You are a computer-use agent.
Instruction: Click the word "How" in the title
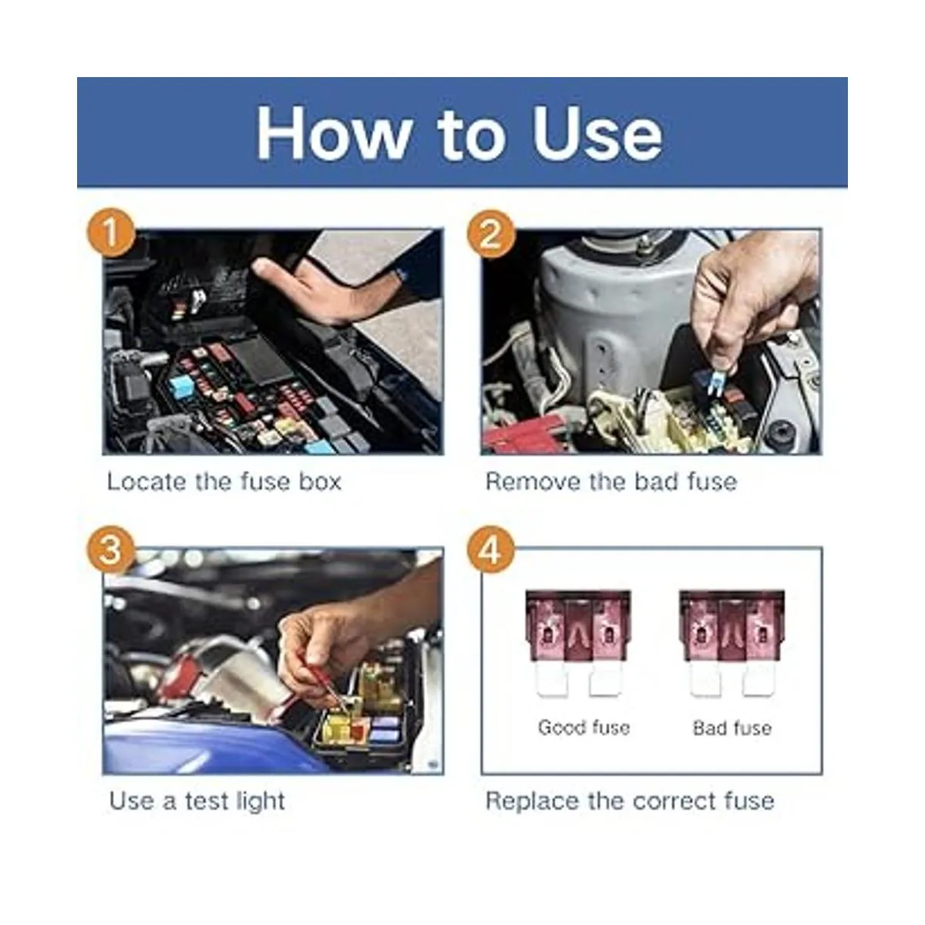[334, 133]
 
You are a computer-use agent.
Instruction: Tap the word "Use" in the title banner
[597, 133]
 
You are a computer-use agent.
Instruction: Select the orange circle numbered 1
[111, 233]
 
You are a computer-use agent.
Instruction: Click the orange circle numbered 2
[490, 234]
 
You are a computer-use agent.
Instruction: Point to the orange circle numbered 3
[111, 550]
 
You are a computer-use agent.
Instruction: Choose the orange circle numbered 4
[490, 550]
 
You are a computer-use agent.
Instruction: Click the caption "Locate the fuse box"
[224, 482]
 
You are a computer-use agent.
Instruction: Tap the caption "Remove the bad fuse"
[611, 482]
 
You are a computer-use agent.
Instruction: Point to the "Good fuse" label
[584, 727]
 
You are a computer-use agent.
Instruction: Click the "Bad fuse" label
[732, 728]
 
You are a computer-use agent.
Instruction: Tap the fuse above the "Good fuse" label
[578, 643]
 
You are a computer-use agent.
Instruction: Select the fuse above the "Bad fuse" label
[732, 643]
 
